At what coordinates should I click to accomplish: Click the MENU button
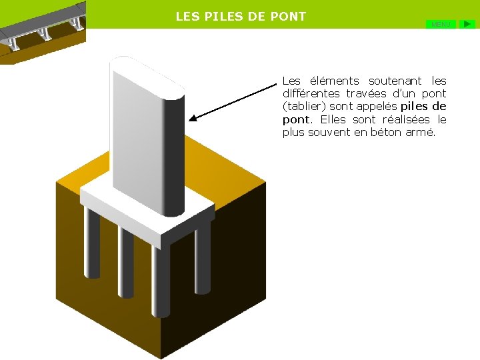click(441, 24)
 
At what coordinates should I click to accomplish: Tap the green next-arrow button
click(469, 24)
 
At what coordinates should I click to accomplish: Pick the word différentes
click(311, 94)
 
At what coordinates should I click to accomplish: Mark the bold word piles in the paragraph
click(414, 107)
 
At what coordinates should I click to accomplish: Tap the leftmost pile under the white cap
click(91, 243)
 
